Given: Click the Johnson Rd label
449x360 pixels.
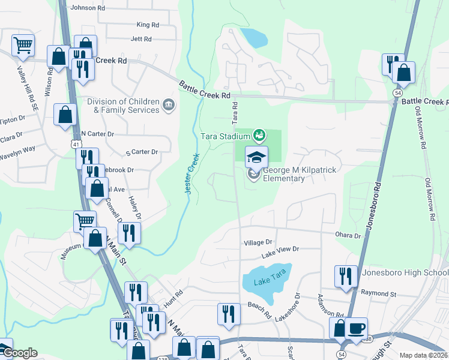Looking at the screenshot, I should point(88,8).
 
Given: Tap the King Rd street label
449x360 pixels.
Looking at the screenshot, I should point(148,25).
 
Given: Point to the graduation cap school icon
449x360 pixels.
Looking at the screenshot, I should point(256,157).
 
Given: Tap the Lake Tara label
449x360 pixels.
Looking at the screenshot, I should point(267,281).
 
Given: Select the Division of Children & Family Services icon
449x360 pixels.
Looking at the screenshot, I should point(169,106).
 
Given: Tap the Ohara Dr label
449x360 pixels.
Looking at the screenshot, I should point(349,236).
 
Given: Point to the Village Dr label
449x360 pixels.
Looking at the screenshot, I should point(258,243).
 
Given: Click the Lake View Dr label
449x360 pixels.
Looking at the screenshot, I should point(280,248).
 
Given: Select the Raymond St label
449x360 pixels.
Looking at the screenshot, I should point(379,294).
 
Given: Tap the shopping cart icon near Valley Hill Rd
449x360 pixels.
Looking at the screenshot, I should point(23,44).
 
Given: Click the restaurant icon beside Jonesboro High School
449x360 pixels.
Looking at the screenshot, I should point(346,276).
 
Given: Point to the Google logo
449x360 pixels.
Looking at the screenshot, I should point(19,353).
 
